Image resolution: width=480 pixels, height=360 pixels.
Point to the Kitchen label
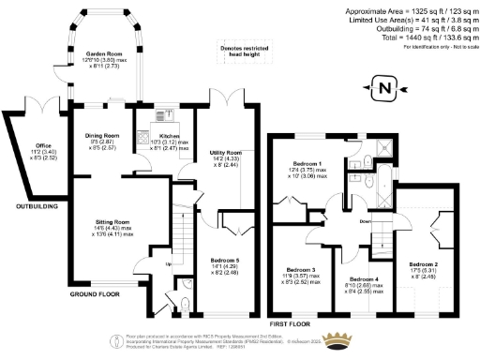coord(170,136)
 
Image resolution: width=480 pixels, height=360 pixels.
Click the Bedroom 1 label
coord(307,164)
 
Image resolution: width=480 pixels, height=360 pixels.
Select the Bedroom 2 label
coord(426,265)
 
